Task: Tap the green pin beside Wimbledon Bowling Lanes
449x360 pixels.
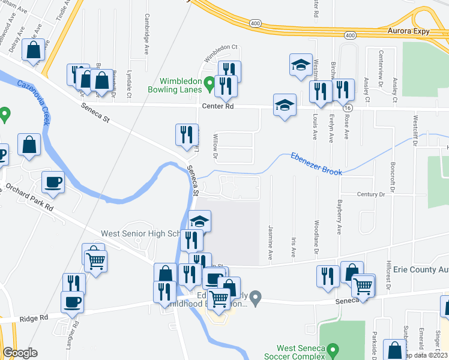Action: pyautogui.click(x=209, y=83)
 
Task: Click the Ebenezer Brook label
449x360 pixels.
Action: pyautogui.click(x=316, y=163)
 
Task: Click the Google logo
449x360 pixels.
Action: pyautogui.click(x=20, y=353)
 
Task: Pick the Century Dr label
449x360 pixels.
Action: pyautogui.click(x=371, y=194)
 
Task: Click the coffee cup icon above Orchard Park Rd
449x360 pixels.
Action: pyautogui.click(x=53, y=182)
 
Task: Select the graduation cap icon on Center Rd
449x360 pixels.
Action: pyautogui.click(x=285, y=105)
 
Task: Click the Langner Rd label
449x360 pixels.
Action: pyautogui.click(x=76, y=334)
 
